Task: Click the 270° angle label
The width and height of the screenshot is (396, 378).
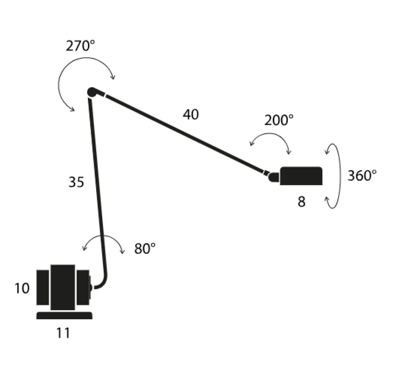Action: pyautogui.click(x=80, y=46)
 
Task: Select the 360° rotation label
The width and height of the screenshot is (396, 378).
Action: pyautogui.click(x=362, y=175)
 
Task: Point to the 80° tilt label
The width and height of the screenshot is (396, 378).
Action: pyautogui.click(x=145, y=248)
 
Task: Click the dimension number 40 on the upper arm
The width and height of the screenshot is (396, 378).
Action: pyautogui.click(x=191, y=114)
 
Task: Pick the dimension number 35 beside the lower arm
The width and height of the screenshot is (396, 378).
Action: pyautogui.click(x=76, y=182)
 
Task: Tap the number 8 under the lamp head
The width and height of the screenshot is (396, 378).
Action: pyautogui.click(x=301, y=202)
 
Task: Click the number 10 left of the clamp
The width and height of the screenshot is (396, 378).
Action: pyautogui.click(x=22, y=288)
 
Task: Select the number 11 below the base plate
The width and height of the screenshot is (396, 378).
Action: pyautogui.click(x=63, y=333)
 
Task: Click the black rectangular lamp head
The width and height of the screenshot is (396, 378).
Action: pyautogui.click(x=301, y=176)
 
